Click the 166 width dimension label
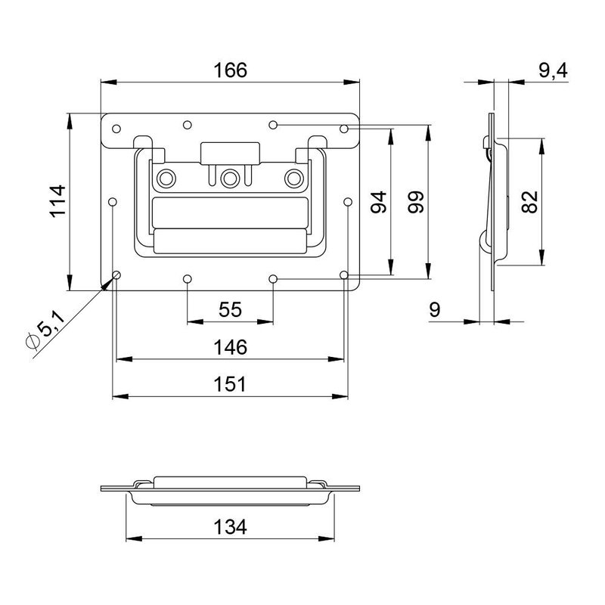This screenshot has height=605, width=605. pyautogui.click(x=230, y=70)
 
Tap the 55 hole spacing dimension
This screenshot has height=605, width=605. pyautogui.click(x=230, y=309)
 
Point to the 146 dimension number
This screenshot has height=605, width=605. pyautogui.click(x=231, y=347)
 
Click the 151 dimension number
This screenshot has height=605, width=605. pyautogui.click(x=231, y=384)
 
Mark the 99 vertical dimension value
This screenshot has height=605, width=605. pyautogui.click(x=415, y=203)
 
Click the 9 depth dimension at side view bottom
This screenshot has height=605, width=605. pyautogui.click(x=434, y=309)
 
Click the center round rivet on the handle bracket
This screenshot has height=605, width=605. pyautogui.click(x=230, y=178)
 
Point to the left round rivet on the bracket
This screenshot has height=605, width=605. pyautogui.click(x=166, y=178)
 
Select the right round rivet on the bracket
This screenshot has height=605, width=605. pyautogui.click(x=294, y=178)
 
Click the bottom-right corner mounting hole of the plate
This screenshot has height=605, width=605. pyautogui.click(x=344, y=275)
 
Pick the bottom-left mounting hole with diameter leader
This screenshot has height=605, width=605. pyautogui.click(x=116, y=275)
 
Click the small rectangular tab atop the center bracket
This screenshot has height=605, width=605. pyautogui.click(x=230, y=151)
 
